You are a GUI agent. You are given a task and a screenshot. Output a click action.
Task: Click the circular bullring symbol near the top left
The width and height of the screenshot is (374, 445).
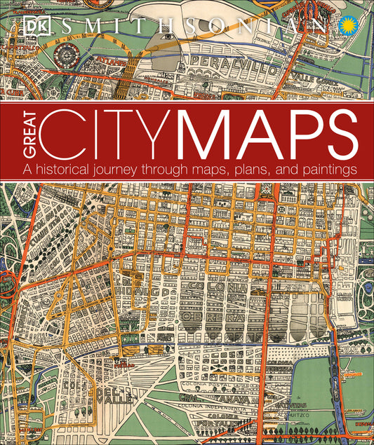tap(69, 52)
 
